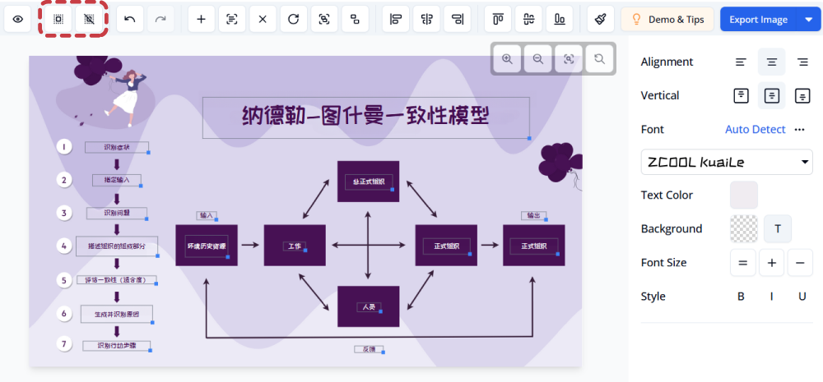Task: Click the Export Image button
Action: tap(754, 20)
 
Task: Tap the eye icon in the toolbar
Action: tap(18, 20)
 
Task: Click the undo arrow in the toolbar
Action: tap(130, 20)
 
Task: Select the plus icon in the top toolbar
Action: tap(202, 20)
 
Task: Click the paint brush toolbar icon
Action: tap(601, 20)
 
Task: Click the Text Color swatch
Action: tap(743, 196)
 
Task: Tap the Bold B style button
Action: tap(741, 297)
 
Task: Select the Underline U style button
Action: tap(802, 297)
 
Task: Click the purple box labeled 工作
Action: tap(295, 245)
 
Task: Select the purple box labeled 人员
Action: tap(369, 306)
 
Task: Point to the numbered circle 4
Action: tap(64, 246)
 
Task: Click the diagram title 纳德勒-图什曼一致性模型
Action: tap(365, 117)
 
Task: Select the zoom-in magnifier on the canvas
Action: tap(508, 59)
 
